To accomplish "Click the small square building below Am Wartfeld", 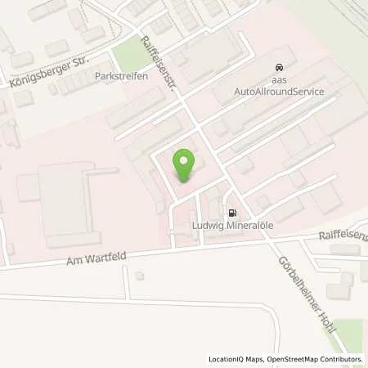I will [x=139, y=276].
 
